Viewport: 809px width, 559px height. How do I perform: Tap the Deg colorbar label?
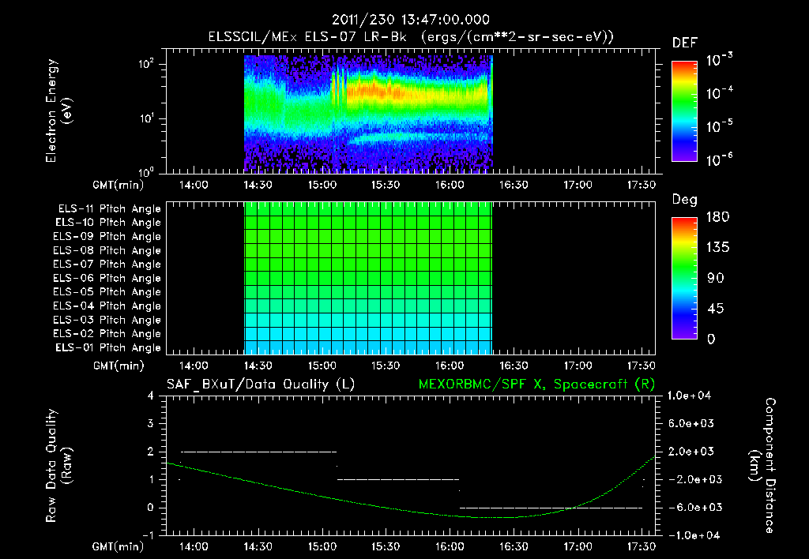pyautogui.click(x=684, y=200)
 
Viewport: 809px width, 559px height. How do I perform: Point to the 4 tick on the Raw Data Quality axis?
pyautogui.click(x=152, y=396)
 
